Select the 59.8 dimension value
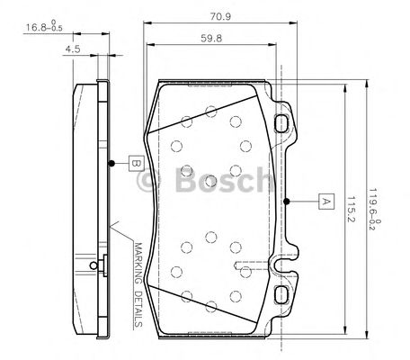[x=212, y=39]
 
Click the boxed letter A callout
[x=325, y=202]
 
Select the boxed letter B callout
[x=134, y=164]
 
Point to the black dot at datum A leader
[x=286, y=202]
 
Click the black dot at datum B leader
[x=111, y=164]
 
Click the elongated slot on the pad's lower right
[x=248, y=269]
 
